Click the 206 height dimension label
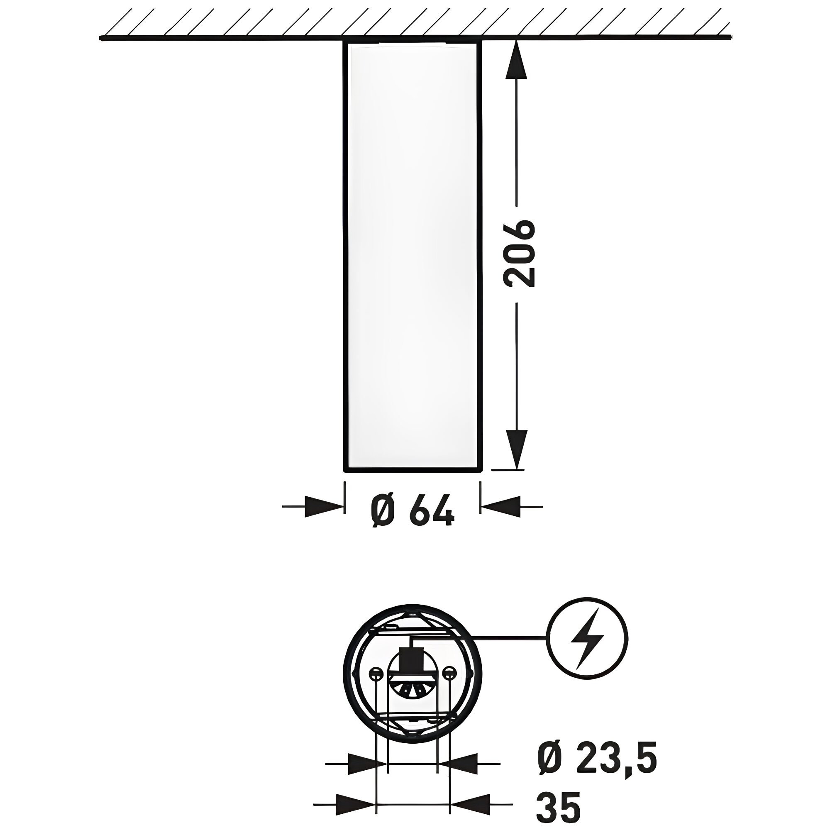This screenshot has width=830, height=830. coord(520,254)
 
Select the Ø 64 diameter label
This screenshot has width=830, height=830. coord(412,510)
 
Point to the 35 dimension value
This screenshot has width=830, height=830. coord(559,808)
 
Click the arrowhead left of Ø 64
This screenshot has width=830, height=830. coord(325,507)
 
